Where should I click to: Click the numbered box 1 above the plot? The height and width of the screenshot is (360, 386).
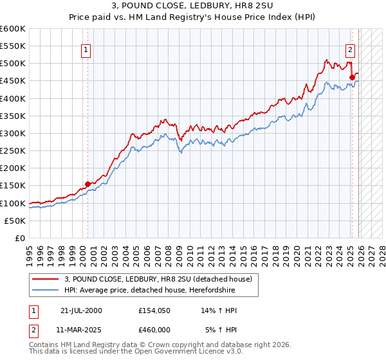87,50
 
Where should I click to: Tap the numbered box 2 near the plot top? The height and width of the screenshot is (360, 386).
351,50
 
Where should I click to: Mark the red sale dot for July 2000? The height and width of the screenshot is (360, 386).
88,184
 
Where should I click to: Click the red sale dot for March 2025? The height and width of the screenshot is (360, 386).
352,78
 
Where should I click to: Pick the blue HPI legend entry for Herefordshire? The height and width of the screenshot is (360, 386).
149,291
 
